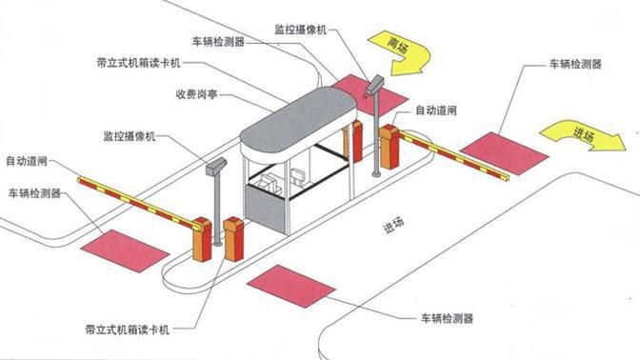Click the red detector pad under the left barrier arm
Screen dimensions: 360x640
point(126,247)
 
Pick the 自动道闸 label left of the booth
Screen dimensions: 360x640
point(26,159)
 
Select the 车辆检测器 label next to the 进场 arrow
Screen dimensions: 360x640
point(575,65)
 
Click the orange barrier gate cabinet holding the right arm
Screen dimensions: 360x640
point(389,148)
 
